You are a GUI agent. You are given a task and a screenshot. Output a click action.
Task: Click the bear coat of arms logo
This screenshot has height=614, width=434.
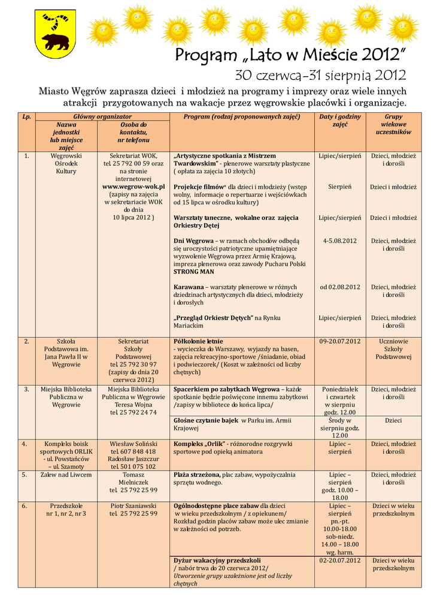click(x=54, y=34)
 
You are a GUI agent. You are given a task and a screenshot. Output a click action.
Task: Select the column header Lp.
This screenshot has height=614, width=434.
click(x=26, y=116)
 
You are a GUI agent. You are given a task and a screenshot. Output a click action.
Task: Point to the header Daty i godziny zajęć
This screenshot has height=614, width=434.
click(x=339, y=120)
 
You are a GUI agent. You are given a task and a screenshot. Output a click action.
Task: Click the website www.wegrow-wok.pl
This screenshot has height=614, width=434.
click(x=133, y=186)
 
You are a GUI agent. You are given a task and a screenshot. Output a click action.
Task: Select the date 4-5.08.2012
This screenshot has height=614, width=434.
click(x=339, y=240)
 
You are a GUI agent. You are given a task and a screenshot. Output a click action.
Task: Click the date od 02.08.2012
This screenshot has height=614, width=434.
click(x=339, y=287)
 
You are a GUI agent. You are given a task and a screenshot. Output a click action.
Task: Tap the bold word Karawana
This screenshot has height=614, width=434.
click(x=188, y=287)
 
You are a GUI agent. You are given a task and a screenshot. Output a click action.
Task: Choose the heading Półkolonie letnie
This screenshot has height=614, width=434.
click(x=198, y=341)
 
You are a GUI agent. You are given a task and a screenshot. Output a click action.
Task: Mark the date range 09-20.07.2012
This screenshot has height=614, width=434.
click(x=339, y=341)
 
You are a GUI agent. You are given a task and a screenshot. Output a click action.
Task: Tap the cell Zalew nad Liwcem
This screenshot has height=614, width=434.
click(x=66, y=474)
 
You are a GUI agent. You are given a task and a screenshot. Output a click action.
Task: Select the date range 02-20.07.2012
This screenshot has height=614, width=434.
click(x=339, y=560)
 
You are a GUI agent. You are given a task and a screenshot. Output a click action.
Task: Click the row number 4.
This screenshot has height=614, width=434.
click(x=26, y=444)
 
